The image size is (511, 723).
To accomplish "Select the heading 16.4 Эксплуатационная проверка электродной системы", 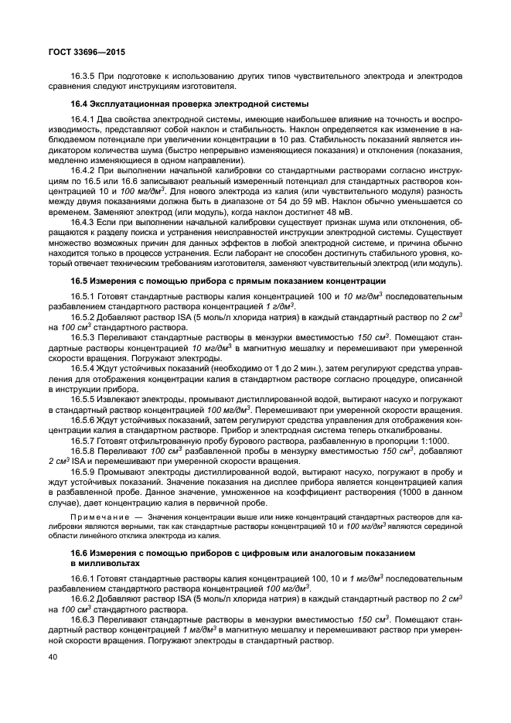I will tap(189, 104).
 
